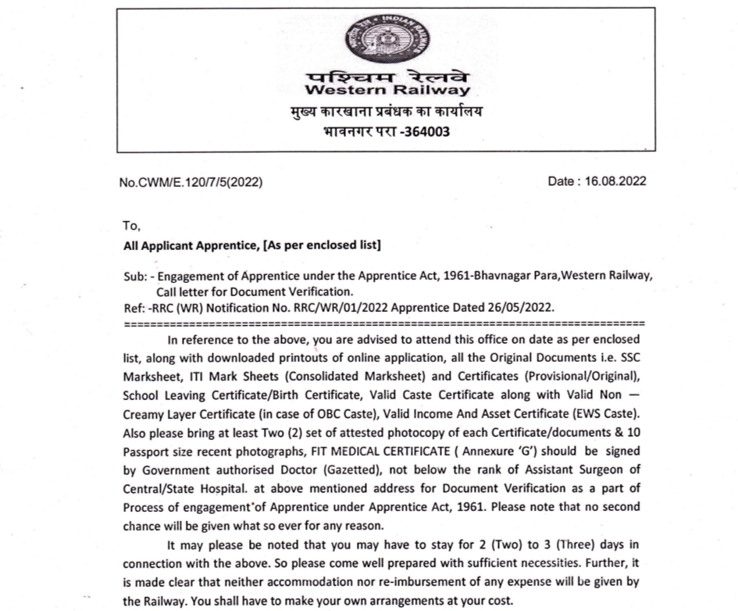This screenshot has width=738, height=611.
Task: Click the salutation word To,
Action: click(x=131, y=227)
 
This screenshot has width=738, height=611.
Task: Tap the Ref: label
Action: click(x=134, y=306)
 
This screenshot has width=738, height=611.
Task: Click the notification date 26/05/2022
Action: click(x=515, y=306)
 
